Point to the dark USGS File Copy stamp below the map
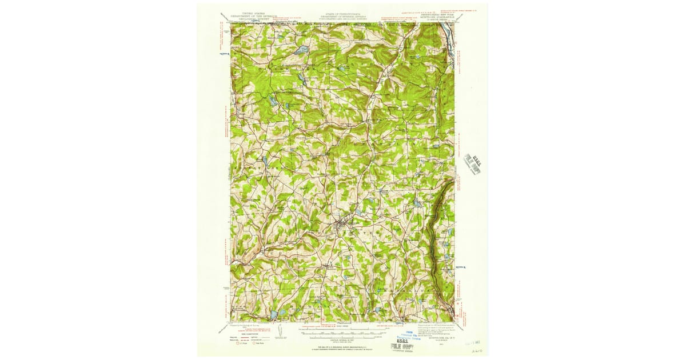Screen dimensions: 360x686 pyautogui.click(x=403, y=344)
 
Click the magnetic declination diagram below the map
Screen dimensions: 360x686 pyautogui.click(x=285, y=331)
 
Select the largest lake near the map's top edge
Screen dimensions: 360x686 pyautogui.click(x=298, y=50)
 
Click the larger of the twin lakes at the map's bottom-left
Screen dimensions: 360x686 pyautogui.click(x=273, y=313)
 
